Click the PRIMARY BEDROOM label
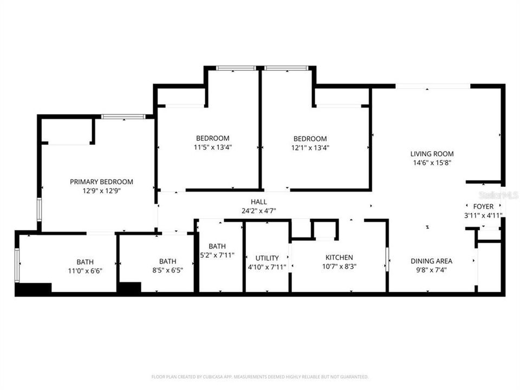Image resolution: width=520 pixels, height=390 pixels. point(101,182)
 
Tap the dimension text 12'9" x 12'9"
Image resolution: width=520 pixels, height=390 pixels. point(101,191)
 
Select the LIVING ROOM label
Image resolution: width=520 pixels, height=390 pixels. point(432,154)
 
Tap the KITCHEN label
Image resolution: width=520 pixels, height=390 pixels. point(339,257)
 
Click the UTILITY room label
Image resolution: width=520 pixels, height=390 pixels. point(267,258)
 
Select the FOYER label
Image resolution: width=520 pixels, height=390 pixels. point(483,206)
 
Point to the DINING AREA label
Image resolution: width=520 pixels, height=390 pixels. point(431,261)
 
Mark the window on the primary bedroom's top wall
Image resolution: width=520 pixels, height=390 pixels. point(123,116)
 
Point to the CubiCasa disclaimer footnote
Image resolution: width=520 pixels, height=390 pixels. point(260,376)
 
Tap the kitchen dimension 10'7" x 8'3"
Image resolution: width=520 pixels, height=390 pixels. point(339,266)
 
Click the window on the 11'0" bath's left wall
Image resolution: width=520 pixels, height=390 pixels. point(17,265)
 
